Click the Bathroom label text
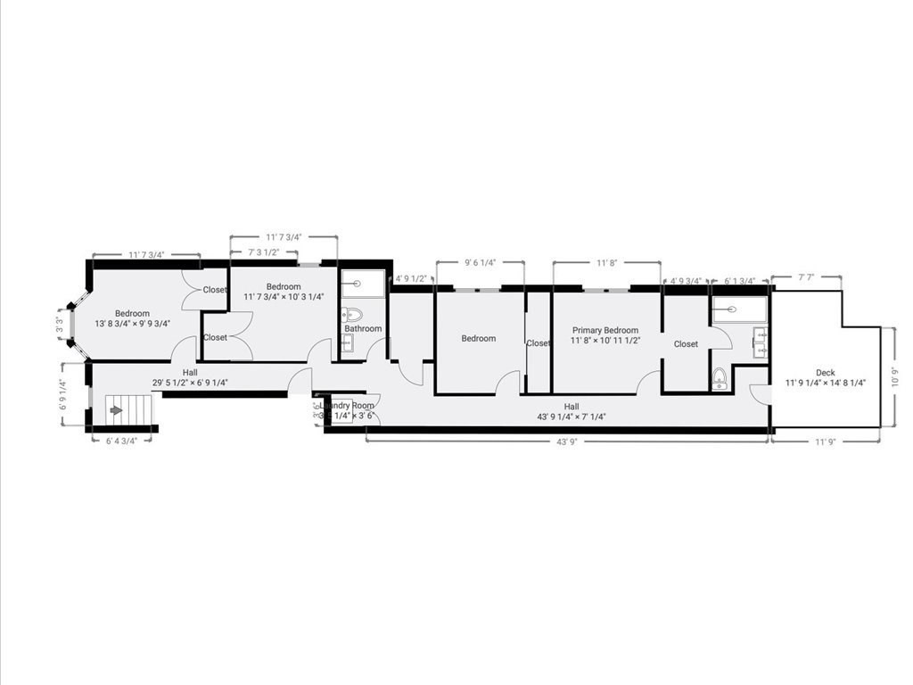coord(363,329)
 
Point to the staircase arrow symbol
coord(116,410)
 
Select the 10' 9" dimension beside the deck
coord(893,376)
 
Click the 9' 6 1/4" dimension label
coord(480,263)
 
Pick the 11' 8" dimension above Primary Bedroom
coord(606,263)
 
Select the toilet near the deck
coord(720,380)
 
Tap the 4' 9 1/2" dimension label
coord(414,277)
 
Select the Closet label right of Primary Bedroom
coord(686,344)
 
